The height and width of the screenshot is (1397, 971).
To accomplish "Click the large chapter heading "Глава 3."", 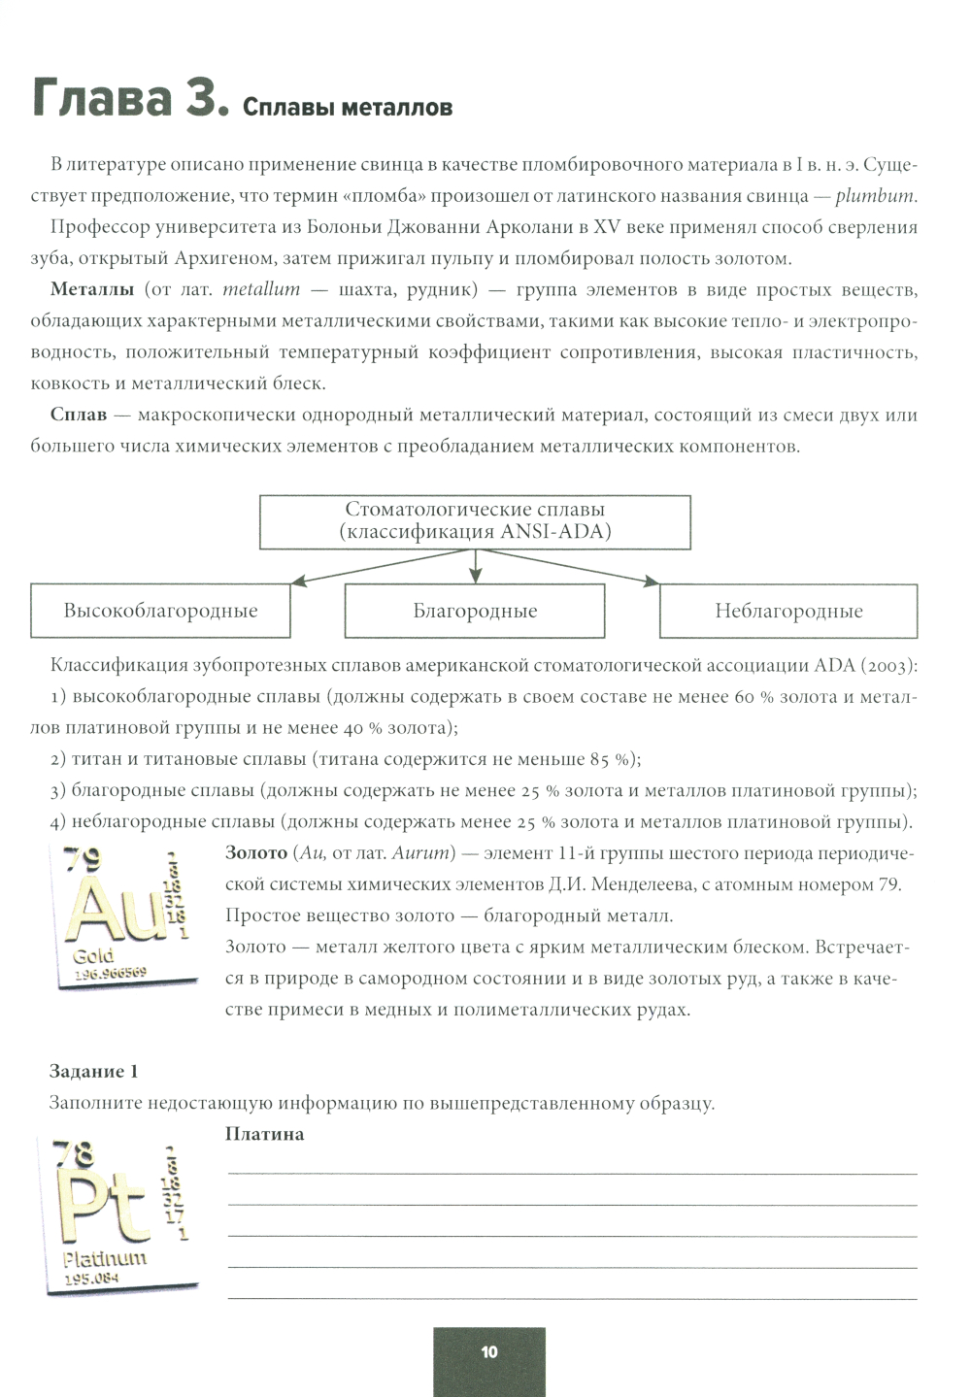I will (130, 99).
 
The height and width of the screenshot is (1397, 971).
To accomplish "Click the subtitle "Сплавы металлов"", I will (348, 108).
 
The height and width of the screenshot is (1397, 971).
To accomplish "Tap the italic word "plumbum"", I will (875, 196).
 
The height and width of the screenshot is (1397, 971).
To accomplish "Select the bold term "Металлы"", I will (92, 290).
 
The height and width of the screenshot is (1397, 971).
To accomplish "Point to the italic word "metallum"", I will (261, 290).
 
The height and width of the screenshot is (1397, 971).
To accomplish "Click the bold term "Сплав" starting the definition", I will (79, 416).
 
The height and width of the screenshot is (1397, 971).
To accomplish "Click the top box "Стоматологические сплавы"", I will (475, 521).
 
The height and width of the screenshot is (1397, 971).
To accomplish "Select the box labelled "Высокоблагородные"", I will (160, 611).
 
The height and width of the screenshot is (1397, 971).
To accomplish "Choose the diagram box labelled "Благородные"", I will (475, 611).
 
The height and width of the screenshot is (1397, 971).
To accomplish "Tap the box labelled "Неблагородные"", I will (788, 611).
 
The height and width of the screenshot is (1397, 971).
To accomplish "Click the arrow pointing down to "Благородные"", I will (475, 567).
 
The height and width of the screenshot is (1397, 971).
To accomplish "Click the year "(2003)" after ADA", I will (888, 666).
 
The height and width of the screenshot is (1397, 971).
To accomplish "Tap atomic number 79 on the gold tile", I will (82, 860).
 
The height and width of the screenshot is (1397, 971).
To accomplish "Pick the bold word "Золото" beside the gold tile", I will (256, 853).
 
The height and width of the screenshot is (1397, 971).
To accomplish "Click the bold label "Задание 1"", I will (94, 1072).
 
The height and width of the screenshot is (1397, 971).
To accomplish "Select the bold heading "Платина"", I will (264, 1134).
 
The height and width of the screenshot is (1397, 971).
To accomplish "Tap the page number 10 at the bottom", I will (488, 1351).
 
